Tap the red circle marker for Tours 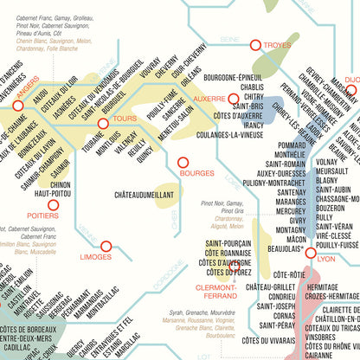(x=104, y=124)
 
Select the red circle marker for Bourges (x=183, y=162)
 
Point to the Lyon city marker (x=310, y=252)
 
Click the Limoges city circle (x=106, y=247)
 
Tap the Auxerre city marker (x=233, y=100)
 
